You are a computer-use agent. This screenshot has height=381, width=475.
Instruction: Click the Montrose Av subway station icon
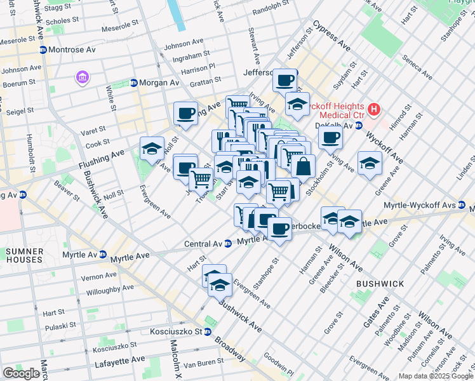(x=43, y=50)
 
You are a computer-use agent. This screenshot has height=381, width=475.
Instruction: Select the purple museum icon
(x=82, y=77)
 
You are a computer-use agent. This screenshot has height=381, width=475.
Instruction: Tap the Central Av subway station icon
(x=227, y=244)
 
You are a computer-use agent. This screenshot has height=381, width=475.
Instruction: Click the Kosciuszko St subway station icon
(x=207, y=331)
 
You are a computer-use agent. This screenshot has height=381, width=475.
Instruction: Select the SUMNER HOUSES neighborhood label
(x=24, y=256)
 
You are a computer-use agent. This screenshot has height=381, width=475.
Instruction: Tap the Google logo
(x=21, y=373)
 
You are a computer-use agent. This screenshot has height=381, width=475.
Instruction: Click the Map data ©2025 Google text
(x=436, y=376)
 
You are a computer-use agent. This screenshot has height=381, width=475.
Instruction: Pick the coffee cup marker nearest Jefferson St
(x=285, y=80)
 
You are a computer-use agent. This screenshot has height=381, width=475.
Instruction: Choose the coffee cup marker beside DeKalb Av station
(x=330, y=137)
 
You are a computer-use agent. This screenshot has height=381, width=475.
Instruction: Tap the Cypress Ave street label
(x=331, y=39)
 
